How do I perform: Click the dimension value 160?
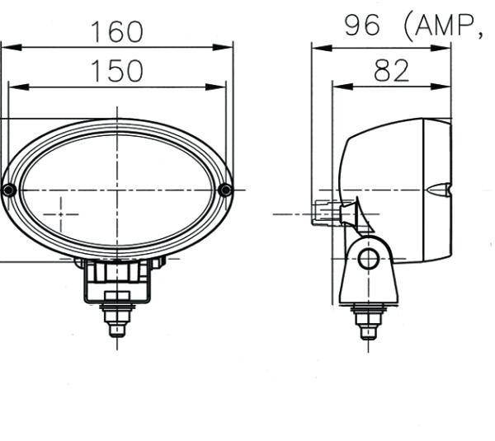[116, 32]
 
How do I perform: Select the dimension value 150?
[116, 72]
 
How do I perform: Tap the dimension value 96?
[363, 26]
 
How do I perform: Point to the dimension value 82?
[391, 72]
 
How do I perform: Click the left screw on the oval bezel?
[8, 190]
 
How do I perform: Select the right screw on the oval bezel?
[225, 190]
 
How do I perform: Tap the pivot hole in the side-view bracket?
[368, 259]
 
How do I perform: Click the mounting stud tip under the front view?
[117, 330]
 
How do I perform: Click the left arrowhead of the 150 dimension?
[12, 87]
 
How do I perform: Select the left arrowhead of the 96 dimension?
[316, 48]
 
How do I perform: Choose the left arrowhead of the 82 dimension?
[337, 87]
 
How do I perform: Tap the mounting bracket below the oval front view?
[117, 280]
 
